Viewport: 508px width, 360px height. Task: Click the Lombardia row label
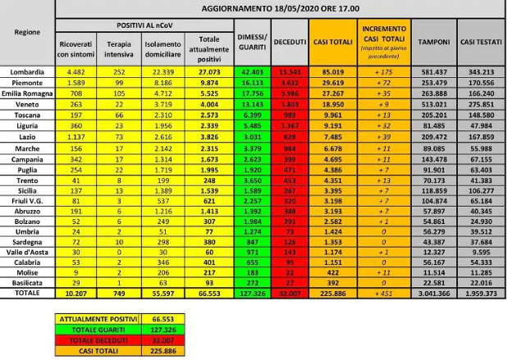(x=27, y=71)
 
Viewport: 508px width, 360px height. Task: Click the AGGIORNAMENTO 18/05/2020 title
(x=281, y=7)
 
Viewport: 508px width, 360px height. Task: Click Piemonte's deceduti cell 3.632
(x=289, y=83)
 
